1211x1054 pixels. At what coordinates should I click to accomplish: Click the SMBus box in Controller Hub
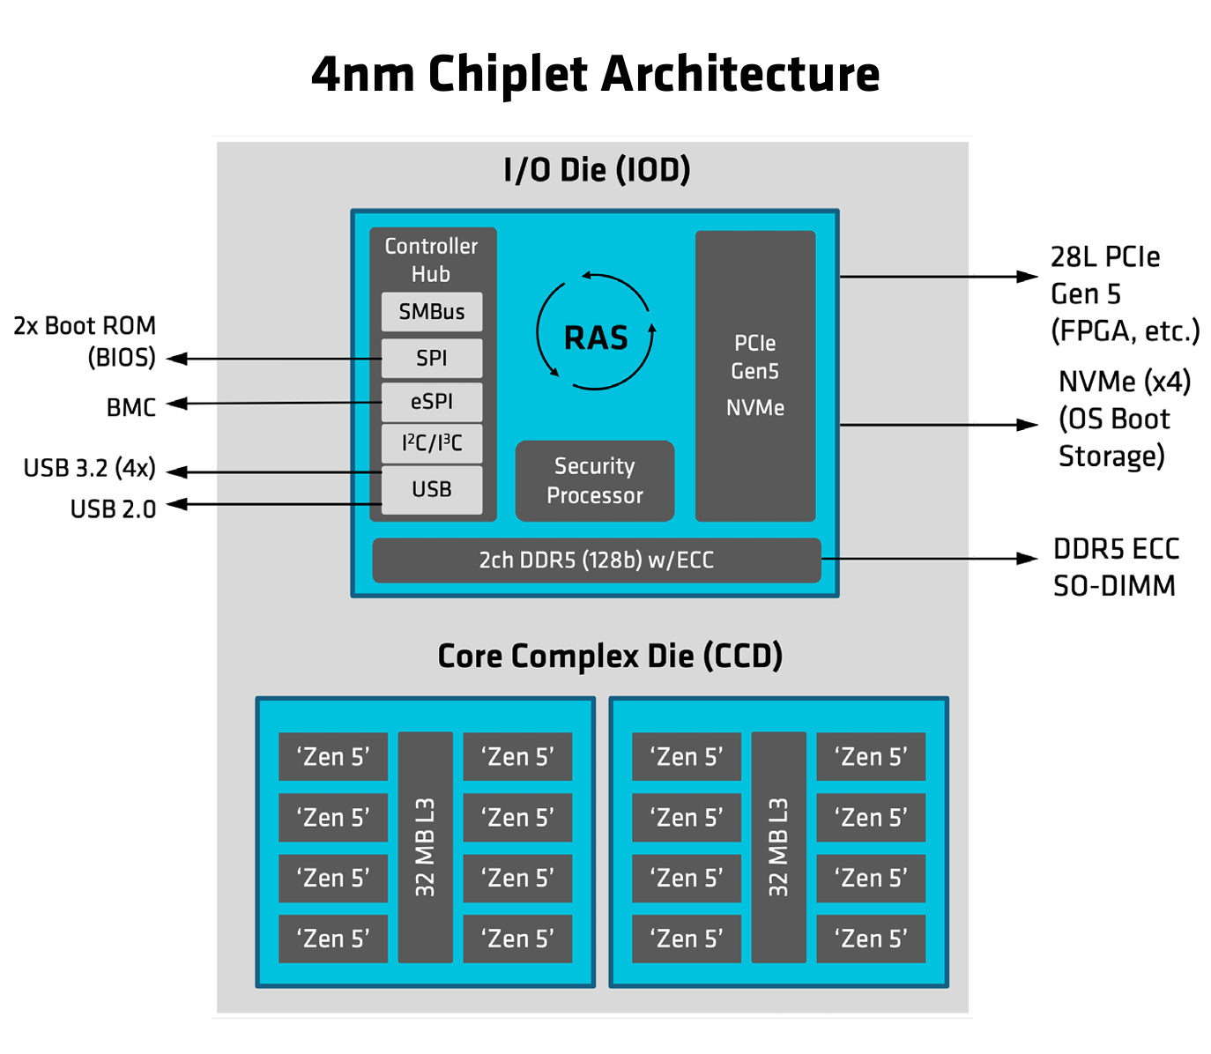pyautogui.click(x=431, y=312)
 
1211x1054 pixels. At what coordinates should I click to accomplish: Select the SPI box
pyautogui.click(x=431, y=359)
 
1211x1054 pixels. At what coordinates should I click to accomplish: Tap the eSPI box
pyautogui.click(x=431, y=402)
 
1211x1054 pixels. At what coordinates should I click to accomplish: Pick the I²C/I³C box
pyautogui.click(x=431, y=443)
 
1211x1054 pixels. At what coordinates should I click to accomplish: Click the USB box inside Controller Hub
pyautogui.click(x=431, y=489)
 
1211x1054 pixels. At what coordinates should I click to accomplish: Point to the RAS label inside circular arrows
pyautogui.click(x=596, y=338)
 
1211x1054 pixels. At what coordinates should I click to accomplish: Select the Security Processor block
pyautogui.click(x=595, y=481)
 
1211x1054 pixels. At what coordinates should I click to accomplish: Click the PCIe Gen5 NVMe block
pyautogui.click(x=755, y=375)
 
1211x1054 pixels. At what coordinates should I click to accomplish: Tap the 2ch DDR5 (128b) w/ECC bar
pyautogui.click(x=596, y=560)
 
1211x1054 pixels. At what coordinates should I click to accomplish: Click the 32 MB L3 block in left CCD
pyautogui.click(x=426, y=847)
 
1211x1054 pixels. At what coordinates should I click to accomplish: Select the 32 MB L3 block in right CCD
pyautogui.click(x=778, y=847)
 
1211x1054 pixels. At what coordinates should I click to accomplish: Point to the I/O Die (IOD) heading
pyautogui.click(x=597, y=170)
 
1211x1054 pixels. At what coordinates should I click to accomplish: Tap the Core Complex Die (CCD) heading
pyautogui.click(x=610, y=657)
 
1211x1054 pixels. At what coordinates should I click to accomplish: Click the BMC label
pyautogui.click(x=130, y=408)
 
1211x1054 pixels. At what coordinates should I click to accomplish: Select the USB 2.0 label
pyautogui.click(x=113, y=509)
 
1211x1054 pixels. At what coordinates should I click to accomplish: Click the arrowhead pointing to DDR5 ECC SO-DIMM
pyautogui.click(x=1028, y=559)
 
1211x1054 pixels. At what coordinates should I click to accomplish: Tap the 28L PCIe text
pyautogui.click(x=1104, y=257)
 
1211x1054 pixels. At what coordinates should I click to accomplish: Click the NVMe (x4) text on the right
pyautogui.click(x=1124, y=382)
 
